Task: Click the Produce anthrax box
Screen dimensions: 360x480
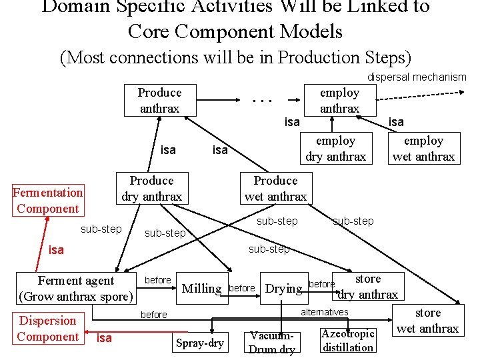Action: pyautogui.click(x=159, y=100)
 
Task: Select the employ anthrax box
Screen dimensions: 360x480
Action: pyautogui.click(x=339, y=100)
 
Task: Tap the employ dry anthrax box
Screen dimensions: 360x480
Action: pyautogui.click(x=335, y=149)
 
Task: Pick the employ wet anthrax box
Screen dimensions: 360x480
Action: pyautogui.click(x=423, y=149)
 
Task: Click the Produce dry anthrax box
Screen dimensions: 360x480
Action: pyautogui.click(x=151, y=189)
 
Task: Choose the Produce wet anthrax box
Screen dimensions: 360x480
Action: pyautogui.click(x=275, y=189)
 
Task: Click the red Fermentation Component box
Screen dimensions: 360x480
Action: pyautogui.click(x=47, y=201)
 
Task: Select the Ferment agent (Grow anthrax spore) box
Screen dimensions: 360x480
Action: pyautogui.click(x=77, y=288)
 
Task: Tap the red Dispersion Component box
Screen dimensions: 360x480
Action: pyautogui.click(x=47, y=328)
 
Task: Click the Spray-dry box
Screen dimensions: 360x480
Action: pyautogui.click(x=199, y=343)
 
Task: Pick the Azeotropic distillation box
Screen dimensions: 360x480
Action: pyautogui.click(x=348, y=340)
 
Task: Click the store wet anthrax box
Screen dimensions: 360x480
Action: pyautogui.click(x=428, y=321)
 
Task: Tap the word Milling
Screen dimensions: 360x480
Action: pyautogui.click(x=201, y=288)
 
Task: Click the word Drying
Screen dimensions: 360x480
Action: pyautogui.click(x=284, y=289)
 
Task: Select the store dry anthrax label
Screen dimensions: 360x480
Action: pyautogui.click(x=367, y=287)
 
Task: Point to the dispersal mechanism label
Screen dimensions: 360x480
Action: pyautogui.click(x=417, y=77)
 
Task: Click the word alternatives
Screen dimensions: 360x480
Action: pyautogui.click(x=325, y=312)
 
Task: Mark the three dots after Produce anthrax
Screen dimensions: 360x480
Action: pyautogui.click(x=263, y=101)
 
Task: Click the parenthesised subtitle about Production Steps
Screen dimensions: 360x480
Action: pyautogui.click(x=236, y=57)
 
